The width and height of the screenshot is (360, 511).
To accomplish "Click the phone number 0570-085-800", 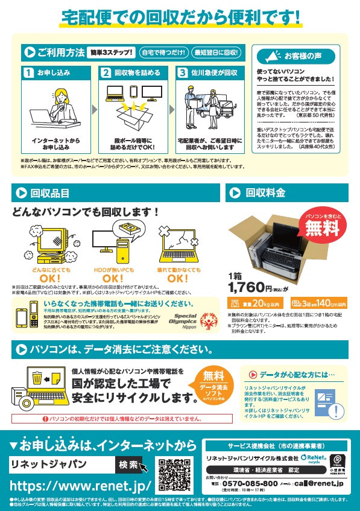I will tap(250, 483).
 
